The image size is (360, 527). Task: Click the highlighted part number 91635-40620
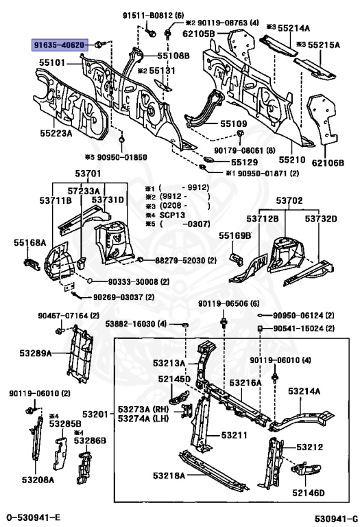click(58, 45)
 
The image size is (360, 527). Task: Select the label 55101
click(52, 62)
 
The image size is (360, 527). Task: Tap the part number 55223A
click(56, 133)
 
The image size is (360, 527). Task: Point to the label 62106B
click(328, 163)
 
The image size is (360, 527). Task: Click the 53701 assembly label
click(88, 174)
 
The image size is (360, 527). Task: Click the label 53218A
click(169, 476)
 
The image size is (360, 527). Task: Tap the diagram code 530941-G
click(336, 517)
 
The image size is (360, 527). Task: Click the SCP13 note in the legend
click(172, 215)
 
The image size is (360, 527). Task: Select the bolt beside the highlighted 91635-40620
click(100, 44)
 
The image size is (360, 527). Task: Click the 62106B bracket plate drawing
click(322, 119)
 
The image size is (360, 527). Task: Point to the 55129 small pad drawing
click(209, 159)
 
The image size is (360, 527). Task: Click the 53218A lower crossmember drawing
click(213, 470)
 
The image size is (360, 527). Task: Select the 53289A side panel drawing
click(80, 354)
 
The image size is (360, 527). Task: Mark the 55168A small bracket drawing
click(32, 263)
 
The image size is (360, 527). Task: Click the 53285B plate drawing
click(60, 453)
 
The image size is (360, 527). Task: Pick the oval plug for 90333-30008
click(91, 281)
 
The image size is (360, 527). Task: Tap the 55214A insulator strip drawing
click(278, 45)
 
